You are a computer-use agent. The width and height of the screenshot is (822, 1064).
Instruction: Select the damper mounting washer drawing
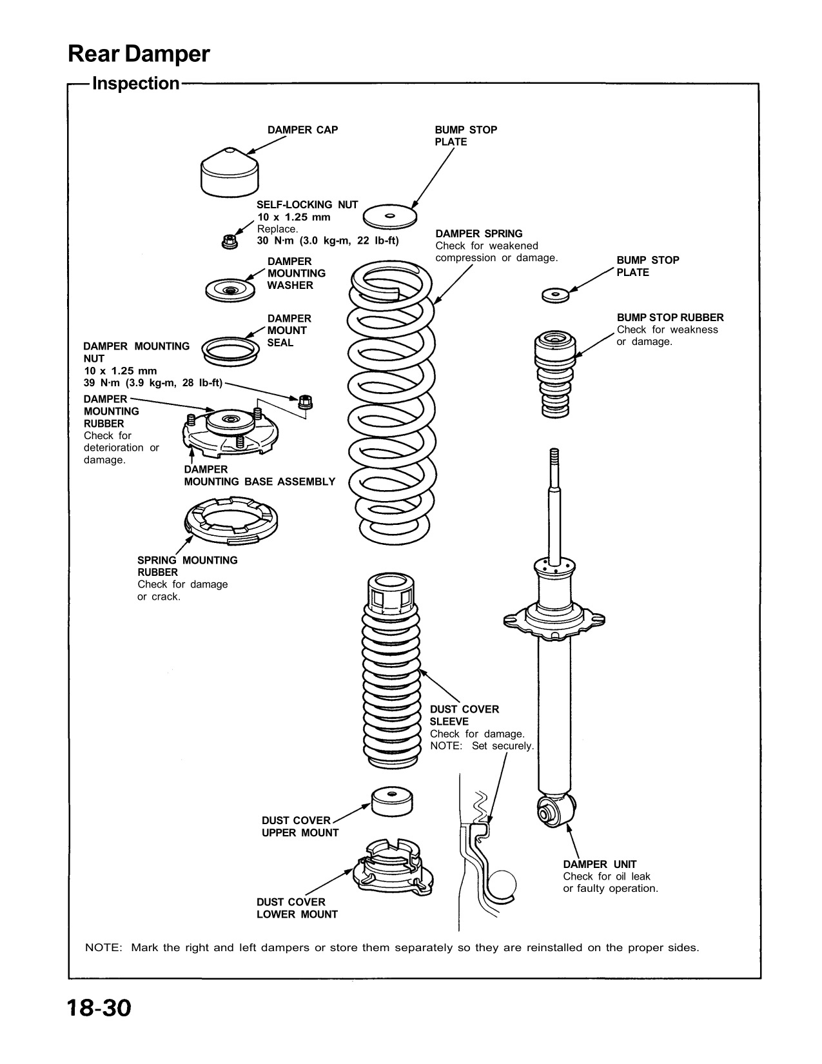229,291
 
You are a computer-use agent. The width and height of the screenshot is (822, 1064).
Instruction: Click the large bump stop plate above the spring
389,217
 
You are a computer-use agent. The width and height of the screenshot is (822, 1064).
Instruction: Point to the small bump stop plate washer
554,295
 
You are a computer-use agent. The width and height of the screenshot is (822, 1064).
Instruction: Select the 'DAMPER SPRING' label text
478,233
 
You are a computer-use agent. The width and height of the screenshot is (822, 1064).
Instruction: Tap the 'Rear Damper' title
139,55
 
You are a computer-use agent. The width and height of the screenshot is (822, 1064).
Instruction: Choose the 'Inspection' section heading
136,84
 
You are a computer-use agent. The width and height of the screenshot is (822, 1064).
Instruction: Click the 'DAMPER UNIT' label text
600,864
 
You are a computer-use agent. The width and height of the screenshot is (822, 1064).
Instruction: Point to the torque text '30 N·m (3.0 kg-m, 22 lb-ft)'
328,241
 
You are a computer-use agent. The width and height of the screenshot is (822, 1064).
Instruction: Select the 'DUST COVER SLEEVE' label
464,715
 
